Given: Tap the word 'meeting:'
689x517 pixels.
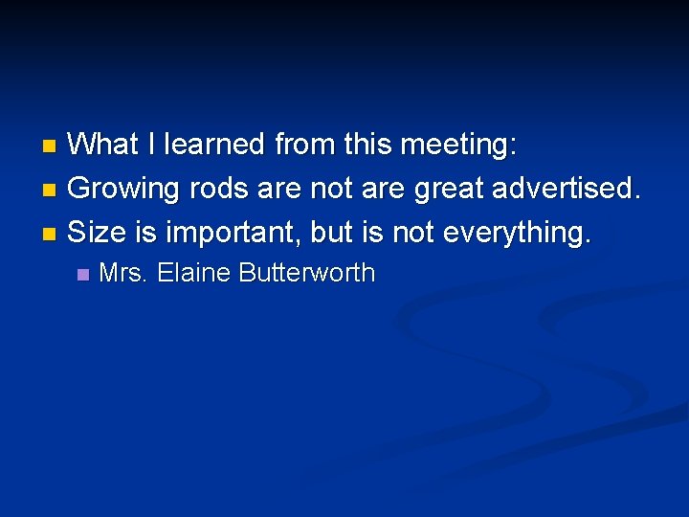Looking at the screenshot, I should tap(459, 146).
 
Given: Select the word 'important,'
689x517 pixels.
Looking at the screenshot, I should tap(233, 232).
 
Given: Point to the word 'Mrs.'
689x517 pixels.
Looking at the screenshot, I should tap(123, 273).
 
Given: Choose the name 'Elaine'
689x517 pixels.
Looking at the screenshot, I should tap(194, 273).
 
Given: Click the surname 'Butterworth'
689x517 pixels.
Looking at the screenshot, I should tap(307, 273).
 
